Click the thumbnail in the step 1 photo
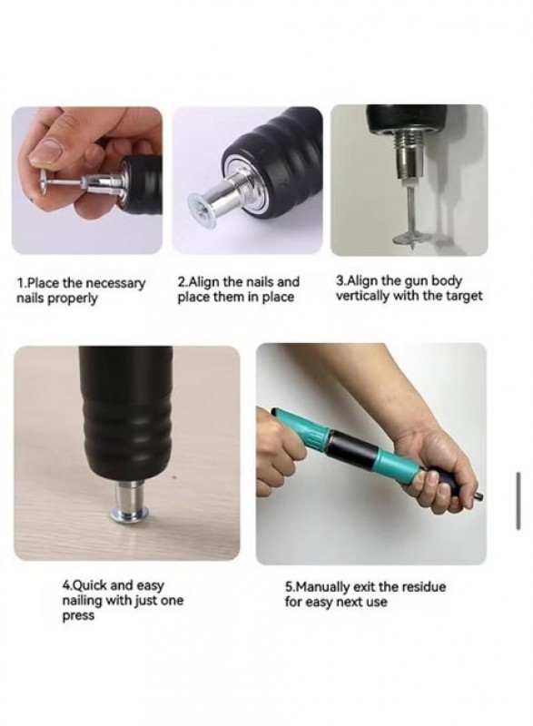47,152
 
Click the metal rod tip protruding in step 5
479,496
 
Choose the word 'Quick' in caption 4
90,584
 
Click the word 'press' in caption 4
78,617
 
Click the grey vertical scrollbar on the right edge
518,501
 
